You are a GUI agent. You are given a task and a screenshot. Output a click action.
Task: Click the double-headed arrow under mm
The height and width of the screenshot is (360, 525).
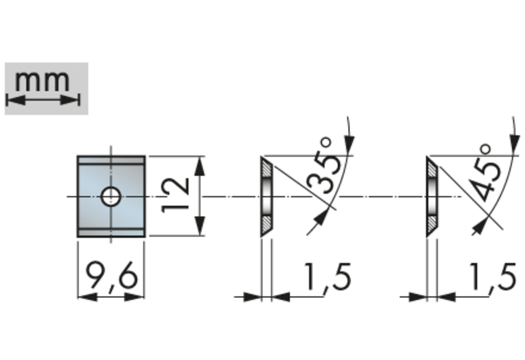coord(43,100)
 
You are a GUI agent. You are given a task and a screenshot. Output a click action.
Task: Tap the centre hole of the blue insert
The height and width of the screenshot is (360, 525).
coord(111,197)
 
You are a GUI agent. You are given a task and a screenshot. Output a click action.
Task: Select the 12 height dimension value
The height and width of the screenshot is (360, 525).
coord(175,196)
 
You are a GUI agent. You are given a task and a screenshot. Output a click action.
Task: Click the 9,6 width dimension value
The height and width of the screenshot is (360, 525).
coord(112,276)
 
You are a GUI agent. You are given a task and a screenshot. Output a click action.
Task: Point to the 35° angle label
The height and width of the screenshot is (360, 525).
coord(322,166)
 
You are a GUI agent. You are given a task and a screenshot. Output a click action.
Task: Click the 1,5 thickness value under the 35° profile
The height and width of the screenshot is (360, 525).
coord(328,277)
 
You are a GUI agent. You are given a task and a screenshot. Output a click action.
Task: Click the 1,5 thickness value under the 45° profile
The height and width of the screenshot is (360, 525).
coord(493,277)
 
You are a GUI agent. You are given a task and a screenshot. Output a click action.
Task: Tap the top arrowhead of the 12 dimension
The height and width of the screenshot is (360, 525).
coord(200,166)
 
